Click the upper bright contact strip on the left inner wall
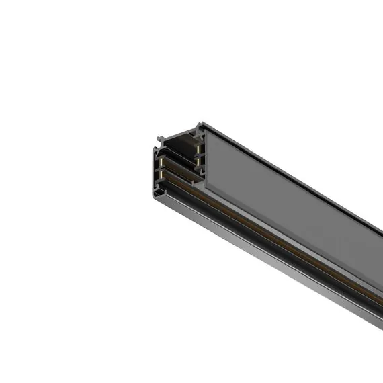(x=163, y=163)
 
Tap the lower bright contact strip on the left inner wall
(x=163, y=176)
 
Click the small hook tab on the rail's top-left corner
(x=161, y=140)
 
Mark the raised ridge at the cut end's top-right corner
(x=200, y=126)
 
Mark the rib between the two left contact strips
(x=163, y=170)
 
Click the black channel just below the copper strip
(x=269, y=239)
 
